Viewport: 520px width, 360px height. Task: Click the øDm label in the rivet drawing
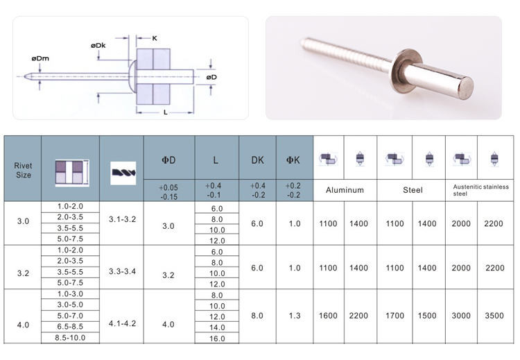(40, 58)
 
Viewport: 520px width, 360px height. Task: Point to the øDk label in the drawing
(98, 46)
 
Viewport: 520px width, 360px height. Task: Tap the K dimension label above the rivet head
(155, 38)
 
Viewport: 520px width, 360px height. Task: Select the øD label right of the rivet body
(211, 77)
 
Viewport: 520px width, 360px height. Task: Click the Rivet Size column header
(23, 170)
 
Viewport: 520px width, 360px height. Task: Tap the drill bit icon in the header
(123, 173)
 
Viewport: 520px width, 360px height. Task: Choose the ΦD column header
(168, 160)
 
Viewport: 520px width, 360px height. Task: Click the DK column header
(257, 160)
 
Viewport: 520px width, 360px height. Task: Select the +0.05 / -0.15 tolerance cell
(168, 191)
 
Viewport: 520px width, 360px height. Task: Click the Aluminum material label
(345, 190)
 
